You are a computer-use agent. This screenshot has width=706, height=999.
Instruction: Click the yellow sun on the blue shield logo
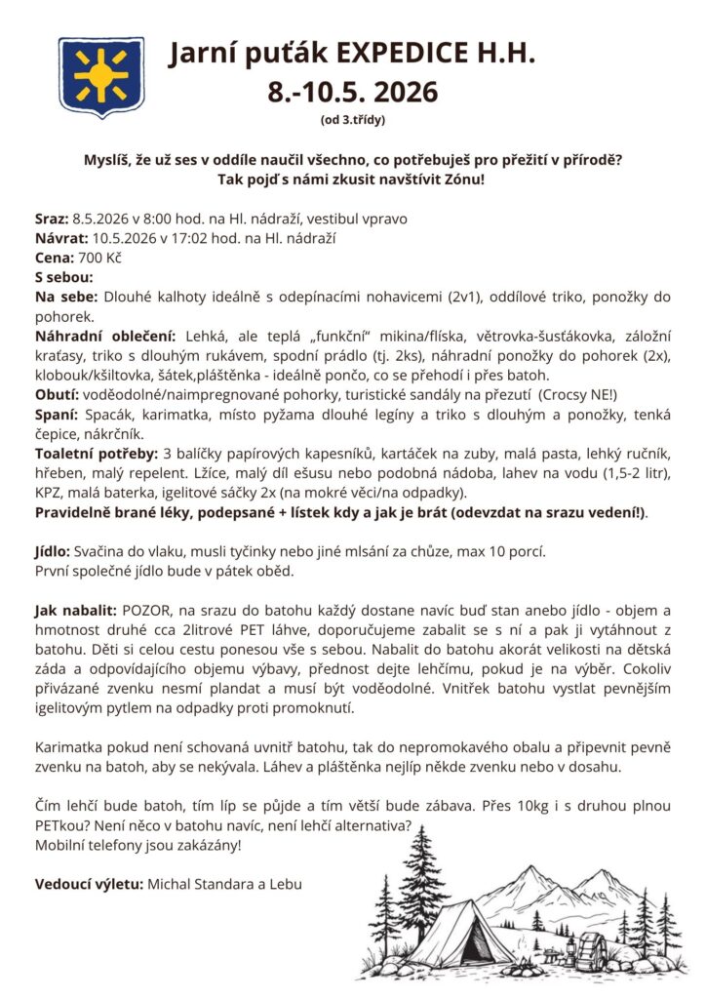[x=101, y=76]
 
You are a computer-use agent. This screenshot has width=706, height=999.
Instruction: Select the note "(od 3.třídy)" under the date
[x=353, y=121]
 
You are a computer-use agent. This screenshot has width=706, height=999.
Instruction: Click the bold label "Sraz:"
[x=51, y=218]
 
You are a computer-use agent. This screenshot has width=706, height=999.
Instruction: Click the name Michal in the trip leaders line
[x=172, y=885]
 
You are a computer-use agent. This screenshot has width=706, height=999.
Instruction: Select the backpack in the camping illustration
[x=592, y=950]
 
